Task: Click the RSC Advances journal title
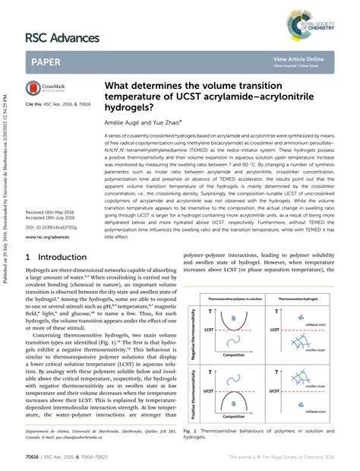tap(62, 37)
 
